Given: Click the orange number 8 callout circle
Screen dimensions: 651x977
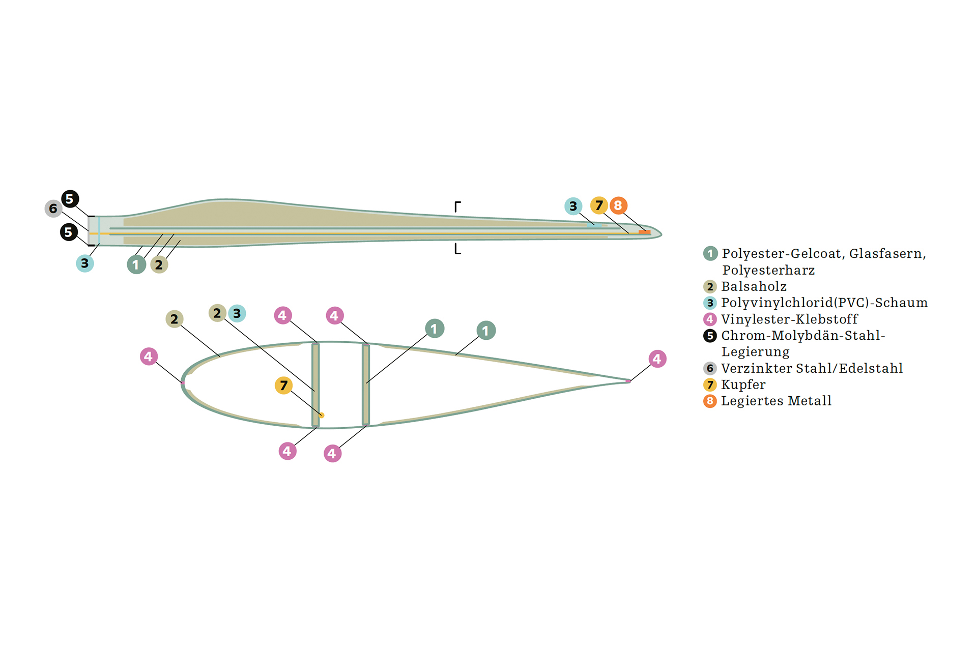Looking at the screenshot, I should point(618,205).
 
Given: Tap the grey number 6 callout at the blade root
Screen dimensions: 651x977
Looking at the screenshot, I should point(53,209).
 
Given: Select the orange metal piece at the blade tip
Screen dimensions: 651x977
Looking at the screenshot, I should point(644,232).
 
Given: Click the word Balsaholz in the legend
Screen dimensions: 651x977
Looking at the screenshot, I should point(754,286).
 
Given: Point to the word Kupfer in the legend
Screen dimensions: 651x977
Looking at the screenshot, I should point(743,384).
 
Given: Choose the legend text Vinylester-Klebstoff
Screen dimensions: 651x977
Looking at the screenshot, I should point(789,319).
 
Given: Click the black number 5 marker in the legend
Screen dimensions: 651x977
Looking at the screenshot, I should point(710,336).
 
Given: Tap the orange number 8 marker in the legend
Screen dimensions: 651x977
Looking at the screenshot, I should point(710,401).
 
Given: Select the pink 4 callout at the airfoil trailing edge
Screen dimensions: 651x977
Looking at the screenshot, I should point(657,359).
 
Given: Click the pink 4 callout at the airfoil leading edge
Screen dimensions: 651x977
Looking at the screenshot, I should point(149,357).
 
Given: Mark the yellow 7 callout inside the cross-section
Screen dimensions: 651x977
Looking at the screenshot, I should point(283,386).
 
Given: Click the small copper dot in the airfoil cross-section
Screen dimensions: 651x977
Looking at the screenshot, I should point(321,416).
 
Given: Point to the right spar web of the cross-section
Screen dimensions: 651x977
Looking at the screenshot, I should point(365,385).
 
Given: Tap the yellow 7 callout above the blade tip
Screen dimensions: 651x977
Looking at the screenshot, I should point(599,205).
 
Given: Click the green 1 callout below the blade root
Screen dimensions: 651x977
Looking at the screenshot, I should point(136,264).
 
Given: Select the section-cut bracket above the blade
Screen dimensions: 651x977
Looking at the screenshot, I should point(457,206).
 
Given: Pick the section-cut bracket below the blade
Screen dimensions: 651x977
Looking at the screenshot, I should point(457,249).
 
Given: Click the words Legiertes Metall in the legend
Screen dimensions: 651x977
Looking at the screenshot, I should point(776,401).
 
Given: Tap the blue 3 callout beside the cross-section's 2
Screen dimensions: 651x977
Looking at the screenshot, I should point(237,313).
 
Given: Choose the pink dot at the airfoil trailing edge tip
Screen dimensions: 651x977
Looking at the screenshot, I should point(628,381).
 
